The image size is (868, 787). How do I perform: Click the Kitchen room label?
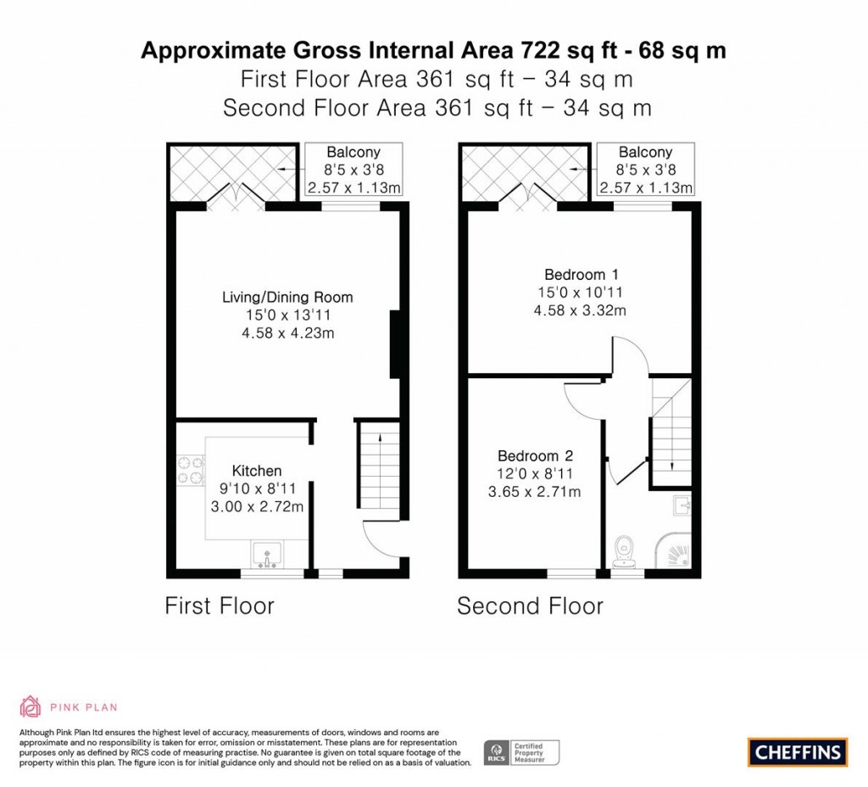pyautogui.click(x=257, y=471)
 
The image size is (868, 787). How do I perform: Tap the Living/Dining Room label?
pyautogui.click(x=287, y=298)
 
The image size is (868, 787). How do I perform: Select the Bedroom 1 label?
pyautogui.click(x=581, y=275)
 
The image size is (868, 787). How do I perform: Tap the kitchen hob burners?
pyautogui.click(x=191, y=472)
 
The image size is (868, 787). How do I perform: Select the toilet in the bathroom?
pyautogui.click(x=625, y=550)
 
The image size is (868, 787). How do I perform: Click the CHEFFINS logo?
pyautogui.click(x=798, y=751)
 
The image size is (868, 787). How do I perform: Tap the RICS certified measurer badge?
pyautogui.click(x=522, y=751)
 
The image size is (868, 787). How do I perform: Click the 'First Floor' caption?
pyautogui.click(x=220, y=606)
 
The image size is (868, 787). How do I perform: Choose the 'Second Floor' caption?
pyautogui.click(x=530, y=606)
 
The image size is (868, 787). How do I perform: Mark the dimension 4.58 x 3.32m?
pyautogui.click(x=581, y=310)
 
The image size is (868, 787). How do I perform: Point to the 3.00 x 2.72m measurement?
pyautogui.click(x=257, y=507)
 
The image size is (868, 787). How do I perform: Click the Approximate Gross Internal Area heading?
pyautogui.click(x=433, y=51)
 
